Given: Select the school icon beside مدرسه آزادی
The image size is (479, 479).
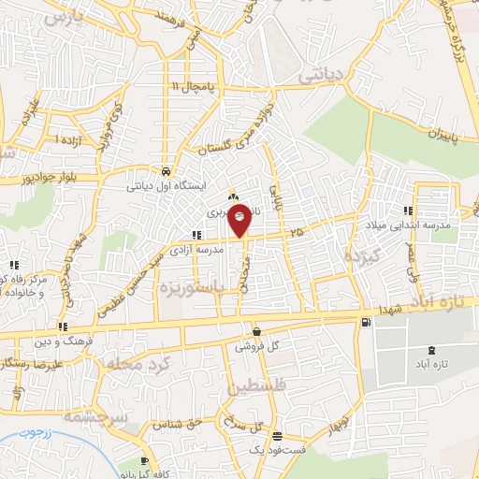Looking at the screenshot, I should (196, 235).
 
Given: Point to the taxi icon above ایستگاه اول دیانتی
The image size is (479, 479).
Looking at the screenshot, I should (165, 172).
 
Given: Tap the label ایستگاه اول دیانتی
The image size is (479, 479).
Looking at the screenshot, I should (166, 185).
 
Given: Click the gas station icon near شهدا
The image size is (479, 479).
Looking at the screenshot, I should (364, 323).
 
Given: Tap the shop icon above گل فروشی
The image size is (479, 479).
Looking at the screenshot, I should (256, 331).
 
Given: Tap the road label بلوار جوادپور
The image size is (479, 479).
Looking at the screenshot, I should (55, 176).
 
